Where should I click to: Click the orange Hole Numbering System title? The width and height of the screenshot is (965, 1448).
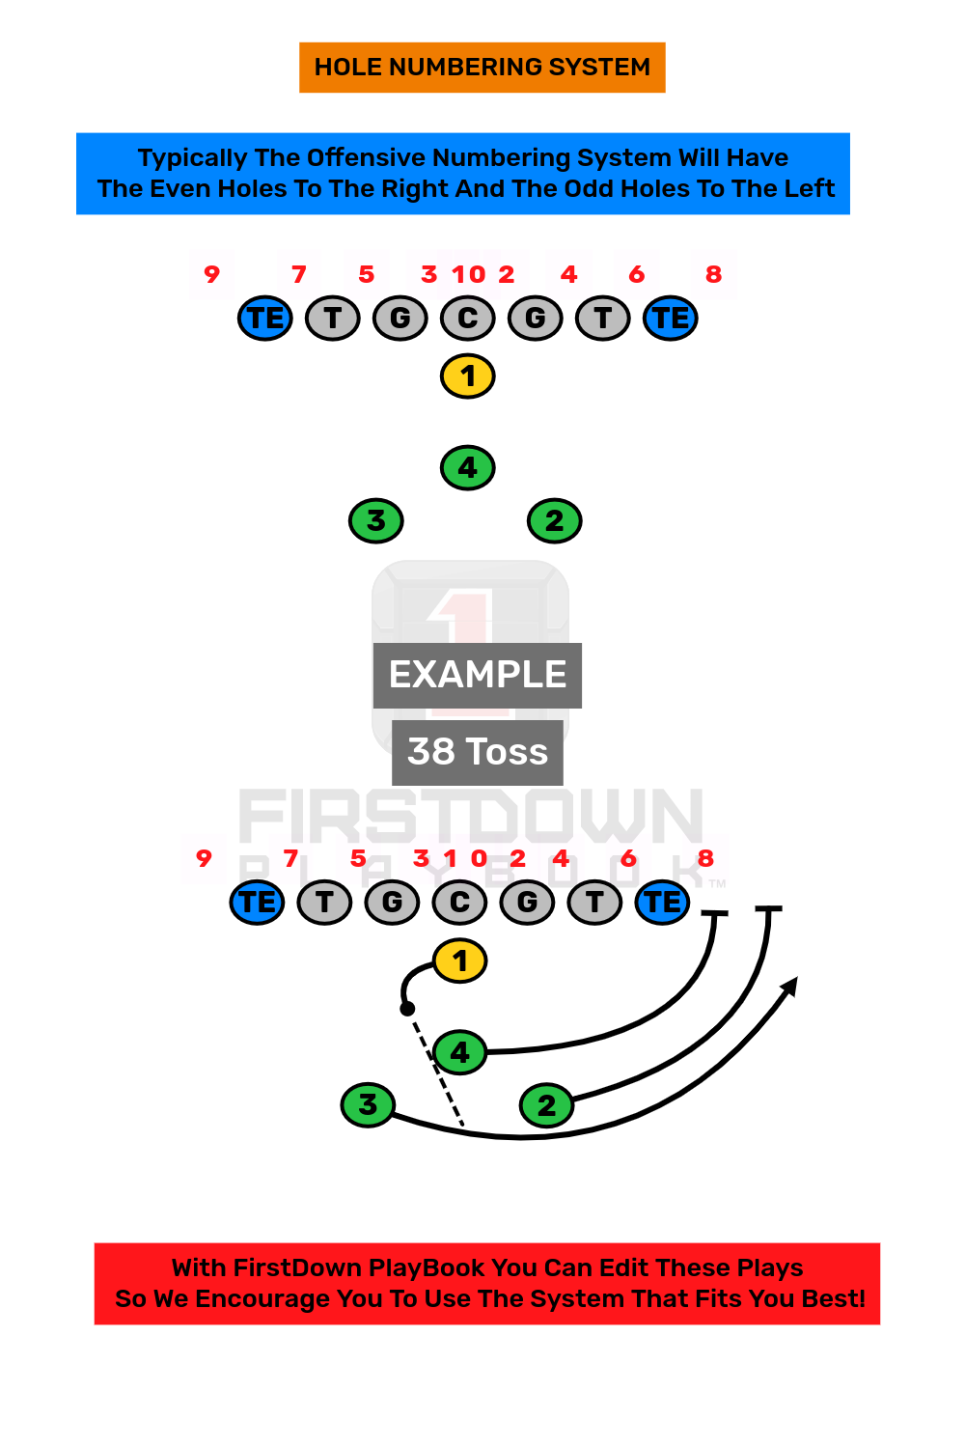click(482, 68)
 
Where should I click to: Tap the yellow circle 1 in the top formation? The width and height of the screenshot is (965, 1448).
click(468, 376)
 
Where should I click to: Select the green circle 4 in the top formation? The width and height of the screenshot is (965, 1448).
click(468, 468)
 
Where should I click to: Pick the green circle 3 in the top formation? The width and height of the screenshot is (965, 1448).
click(376, 521)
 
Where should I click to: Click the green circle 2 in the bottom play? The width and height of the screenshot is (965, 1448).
click(547, 1105)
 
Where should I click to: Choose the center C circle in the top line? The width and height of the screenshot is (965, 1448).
click(468, 319)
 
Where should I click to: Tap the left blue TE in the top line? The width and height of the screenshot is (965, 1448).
click(265, 319)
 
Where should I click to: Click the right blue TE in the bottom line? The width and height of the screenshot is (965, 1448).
click(663, 903)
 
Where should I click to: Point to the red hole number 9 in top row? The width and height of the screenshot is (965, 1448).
click(212, 274)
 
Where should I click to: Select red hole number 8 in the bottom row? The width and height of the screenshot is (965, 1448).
click(706, 858)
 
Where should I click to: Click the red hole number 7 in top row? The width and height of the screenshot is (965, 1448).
click(299, 274)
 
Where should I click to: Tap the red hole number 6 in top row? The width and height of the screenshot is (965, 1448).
click(637, 274)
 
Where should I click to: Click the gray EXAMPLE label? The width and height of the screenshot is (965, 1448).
click(478, 675)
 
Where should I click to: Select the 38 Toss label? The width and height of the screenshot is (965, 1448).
click(478, 752)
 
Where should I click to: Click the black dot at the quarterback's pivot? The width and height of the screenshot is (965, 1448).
click(407, 1009)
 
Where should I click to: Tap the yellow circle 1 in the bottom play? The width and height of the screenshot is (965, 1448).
click(460, 961)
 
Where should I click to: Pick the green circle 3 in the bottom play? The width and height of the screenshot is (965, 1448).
click(368, 1104)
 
